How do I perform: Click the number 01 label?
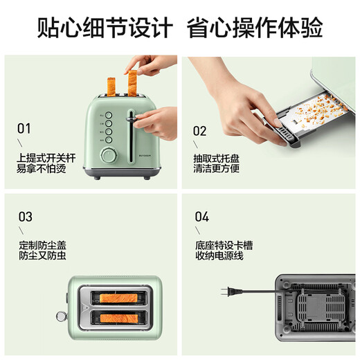click(24, 128)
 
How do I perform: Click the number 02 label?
click(200, 130)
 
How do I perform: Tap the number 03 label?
click(25, 217)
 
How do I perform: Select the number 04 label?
click(201, 217)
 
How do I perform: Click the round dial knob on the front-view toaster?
click(109, 155)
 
